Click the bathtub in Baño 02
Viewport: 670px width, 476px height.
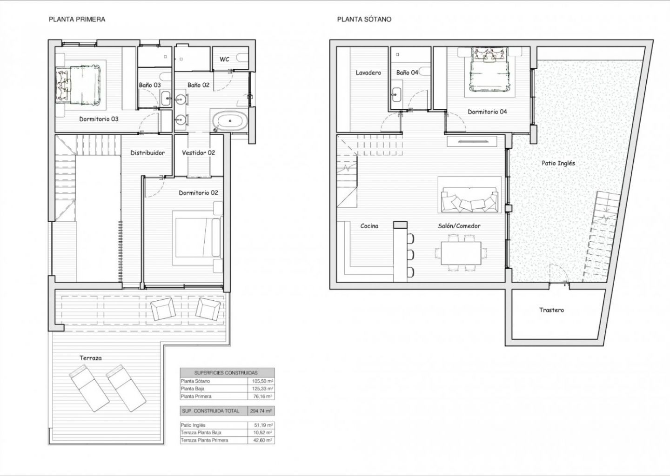[x=230, y=121]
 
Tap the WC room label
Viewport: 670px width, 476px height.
[x=224, y=59]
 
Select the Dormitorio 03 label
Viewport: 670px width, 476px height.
[x=99, y=119]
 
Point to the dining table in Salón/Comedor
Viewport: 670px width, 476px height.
[x=461, y=253]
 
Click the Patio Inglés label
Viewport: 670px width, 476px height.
[x=558, y=163]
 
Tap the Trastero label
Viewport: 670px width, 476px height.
[x=551, y=310]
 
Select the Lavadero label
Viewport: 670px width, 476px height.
[x=368, y=73]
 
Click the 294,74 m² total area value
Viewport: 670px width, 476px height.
[x=261, y=411]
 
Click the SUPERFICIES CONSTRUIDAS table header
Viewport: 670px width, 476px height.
[x=226, y=373]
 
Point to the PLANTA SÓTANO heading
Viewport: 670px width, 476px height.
[x=364, y=20]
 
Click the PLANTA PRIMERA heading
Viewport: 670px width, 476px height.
[x=77, y=20]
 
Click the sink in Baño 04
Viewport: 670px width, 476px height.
[x=397, y=95]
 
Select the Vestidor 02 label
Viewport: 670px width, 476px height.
[x=198, y=152]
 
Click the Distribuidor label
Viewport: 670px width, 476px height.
[x=147, y=153]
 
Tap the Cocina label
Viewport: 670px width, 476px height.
[x=369, y=226]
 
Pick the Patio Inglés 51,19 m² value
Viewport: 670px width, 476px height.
[x=261, y=425]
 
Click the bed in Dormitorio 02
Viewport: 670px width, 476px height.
[x=198, y=238]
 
